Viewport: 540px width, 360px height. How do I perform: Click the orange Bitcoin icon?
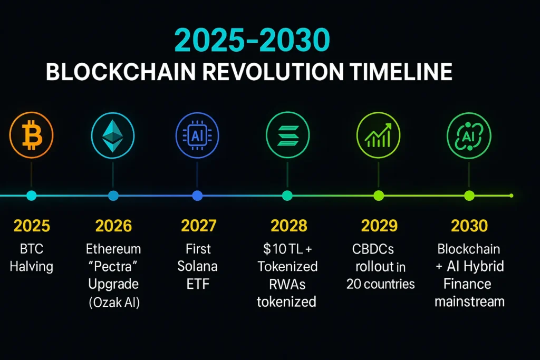[x=31, y=135]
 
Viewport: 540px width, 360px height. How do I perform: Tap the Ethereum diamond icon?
[x=113, y=135]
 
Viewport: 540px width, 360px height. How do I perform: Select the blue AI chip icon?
[x=197, y=135]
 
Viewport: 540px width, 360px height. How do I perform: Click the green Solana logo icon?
[x=287, y=135]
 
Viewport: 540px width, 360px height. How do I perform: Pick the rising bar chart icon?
[x=378, y=135]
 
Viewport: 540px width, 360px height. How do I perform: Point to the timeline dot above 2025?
[x=31, y=196]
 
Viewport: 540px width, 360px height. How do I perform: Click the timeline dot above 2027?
[x=197, y=196]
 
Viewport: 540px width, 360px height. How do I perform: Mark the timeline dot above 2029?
[x=379, y=196]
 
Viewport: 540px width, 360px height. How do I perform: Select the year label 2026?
[x=113, y=226]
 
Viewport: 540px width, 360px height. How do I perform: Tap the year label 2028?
[x=288, y=226]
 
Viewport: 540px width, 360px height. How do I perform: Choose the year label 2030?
[x=469, y=226]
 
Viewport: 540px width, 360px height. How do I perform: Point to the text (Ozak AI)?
[x=114, y=303]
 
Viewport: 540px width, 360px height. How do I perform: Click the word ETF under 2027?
[x=198, y=284]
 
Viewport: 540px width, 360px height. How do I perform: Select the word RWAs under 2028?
[x=287, y=284]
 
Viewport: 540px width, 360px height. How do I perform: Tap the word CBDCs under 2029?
[x=373, y=249]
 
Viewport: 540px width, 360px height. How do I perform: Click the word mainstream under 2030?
[x=469, y=301]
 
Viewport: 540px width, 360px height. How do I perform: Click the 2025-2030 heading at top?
[x=252, y=40]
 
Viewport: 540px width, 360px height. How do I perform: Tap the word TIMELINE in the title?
[x=401, y=72]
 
